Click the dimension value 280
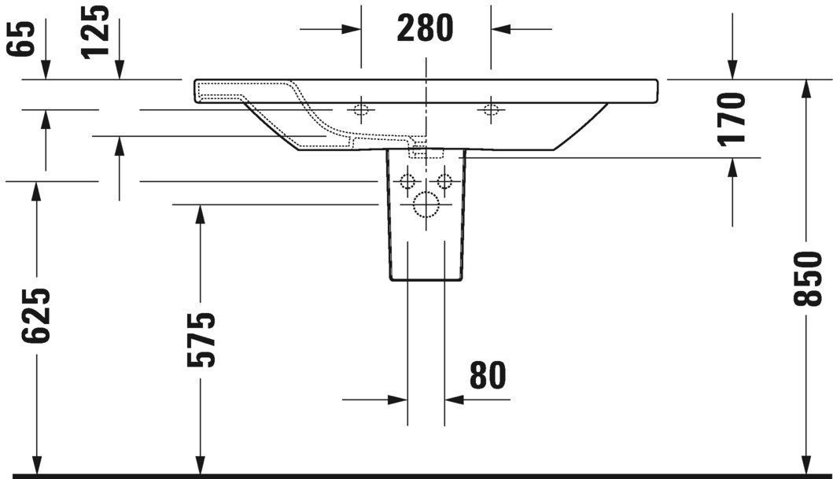(x=426, y=29)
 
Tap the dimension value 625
(x=36, y=315)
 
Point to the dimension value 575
(x=201, y=340)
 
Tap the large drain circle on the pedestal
(x=426, y=204)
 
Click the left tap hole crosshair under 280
(x=361, y=109)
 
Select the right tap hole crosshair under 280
(x=490, y=109)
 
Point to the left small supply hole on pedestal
(x=407, y=182)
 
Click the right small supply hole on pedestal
(x=444, y=182)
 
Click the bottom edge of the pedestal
(x=426, y=280)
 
